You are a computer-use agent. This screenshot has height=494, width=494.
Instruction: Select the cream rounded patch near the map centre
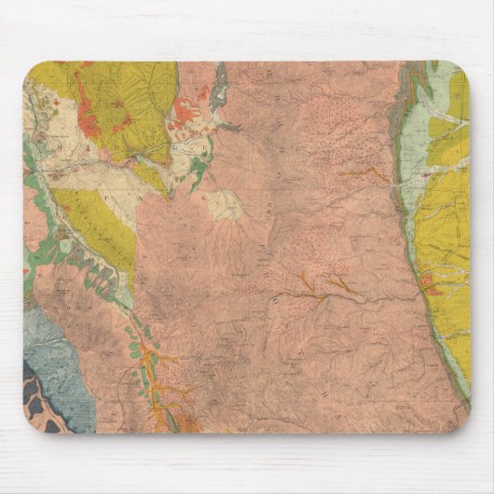coord(225,205)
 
